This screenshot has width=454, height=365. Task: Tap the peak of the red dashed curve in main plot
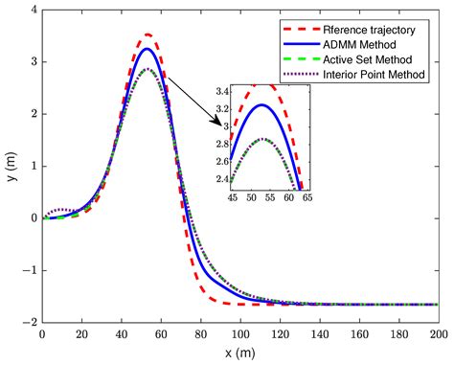pos(147,34)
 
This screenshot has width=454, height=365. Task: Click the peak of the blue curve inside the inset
pos(264,103)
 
